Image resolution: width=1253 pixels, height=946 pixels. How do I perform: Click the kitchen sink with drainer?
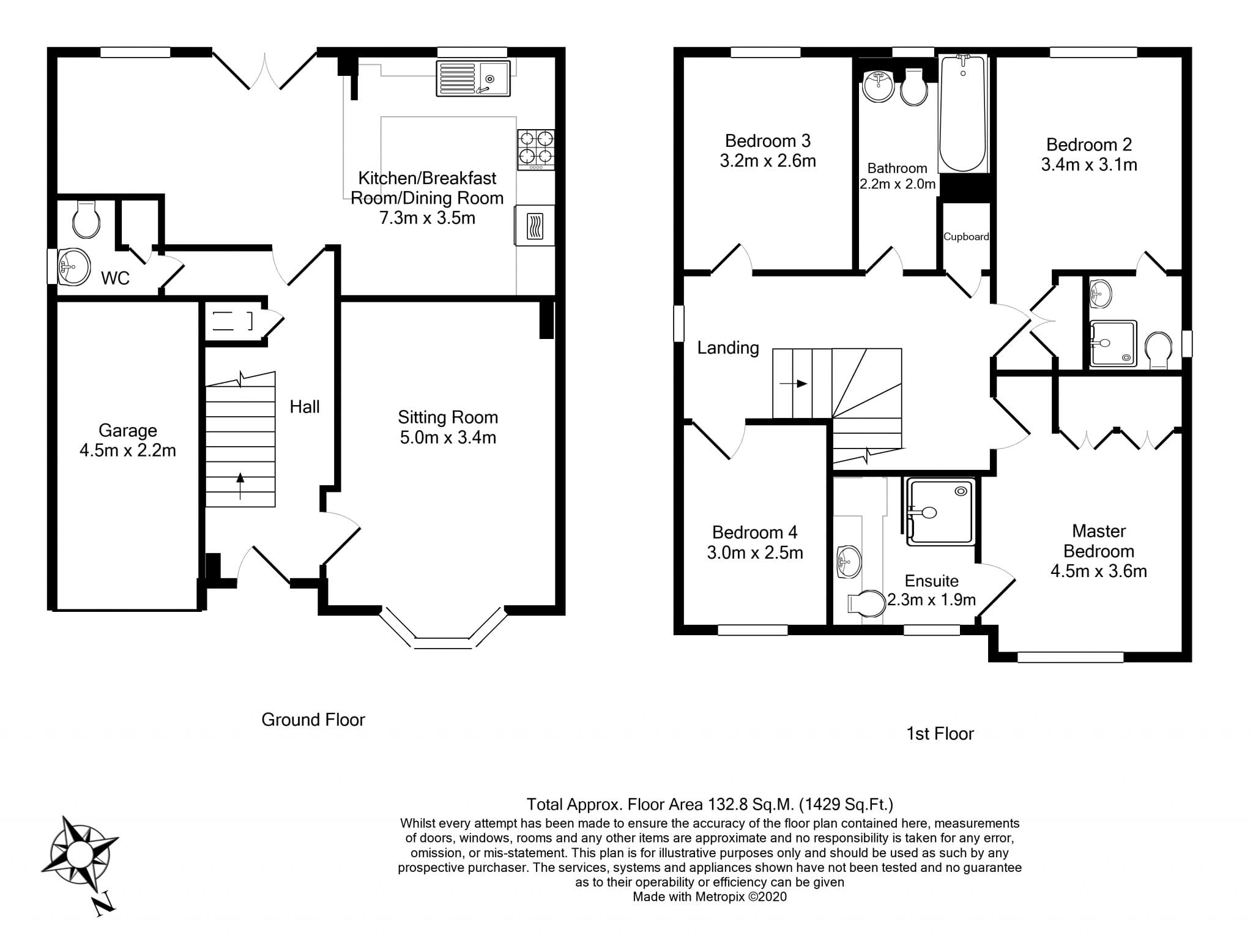pyautogui.click(x=473, y=78)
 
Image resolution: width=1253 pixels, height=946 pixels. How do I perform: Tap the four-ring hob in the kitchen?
pyautogui.click(x=536, y=150)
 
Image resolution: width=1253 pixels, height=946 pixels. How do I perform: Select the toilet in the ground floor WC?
pyautogui.click(x=86, y=219)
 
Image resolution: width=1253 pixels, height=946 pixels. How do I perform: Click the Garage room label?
pyautogui.click(x=128, y=431)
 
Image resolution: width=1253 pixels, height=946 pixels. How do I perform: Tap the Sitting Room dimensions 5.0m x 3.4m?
pyautogui.click(x=448, y=438)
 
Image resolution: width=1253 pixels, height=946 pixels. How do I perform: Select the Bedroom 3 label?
pyautogui.click(x=768, y=141)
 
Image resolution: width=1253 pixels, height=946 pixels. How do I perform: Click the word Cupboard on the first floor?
pyautogui.click(x=966, y=237)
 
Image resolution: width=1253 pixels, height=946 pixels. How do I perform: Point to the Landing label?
pyautogui.click(x=728, y=348)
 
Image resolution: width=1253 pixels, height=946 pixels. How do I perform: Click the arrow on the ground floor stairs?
pyautogui.click(x=240, y=486)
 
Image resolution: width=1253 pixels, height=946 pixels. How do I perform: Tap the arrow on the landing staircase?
pyautogui.click(x=794, y=384)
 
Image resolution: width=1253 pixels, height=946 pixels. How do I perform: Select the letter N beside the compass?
pyautogui.click(x=104, y=903)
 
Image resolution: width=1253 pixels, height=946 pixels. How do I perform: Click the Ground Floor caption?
pyautogui.click(x=313, y=720)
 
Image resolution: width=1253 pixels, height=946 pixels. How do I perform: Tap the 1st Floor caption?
pyautogui.click(x=940, y=734)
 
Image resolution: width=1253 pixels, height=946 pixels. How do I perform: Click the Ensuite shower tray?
pyautogui.click(x=940, y=512)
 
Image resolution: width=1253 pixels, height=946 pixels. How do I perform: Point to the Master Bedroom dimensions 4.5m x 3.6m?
pyautogui.click(x=1099, y=571)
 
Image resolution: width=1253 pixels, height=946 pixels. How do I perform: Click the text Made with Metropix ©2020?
pyautogui.click(x=710, y=897)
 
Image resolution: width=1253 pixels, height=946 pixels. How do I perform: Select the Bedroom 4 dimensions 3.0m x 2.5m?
pyautogui.click(x=755, y=553)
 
